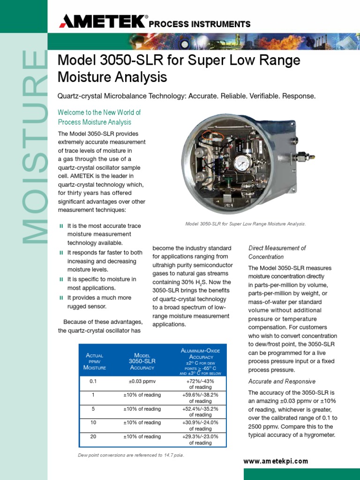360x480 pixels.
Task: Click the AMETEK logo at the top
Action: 102,22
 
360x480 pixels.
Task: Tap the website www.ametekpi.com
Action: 276,461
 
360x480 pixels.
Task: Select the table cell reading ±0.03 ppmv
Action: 142,382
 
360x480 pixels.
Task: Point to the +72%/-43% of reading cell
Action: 200,384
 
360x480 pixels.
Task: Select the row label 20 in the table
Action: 93,436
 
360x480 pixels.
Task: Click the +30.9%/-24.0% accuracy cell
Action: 200,426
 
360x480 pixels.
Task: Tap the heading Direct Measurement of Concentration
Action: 277,252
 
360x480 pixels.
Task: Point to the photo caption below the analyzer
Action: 246,224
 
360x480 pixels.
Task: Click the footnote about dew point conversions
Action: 131,455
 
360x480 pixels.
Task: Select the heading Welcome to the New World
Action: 99,117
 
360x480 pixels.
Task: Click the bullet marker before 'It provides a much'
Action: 61,298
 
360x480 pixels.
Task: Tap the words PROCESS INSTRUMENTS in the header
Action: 200,24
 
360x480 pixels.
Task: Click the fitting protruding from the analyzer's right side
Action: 305,156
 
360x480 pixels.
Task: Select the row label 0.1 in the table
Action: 93,382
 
